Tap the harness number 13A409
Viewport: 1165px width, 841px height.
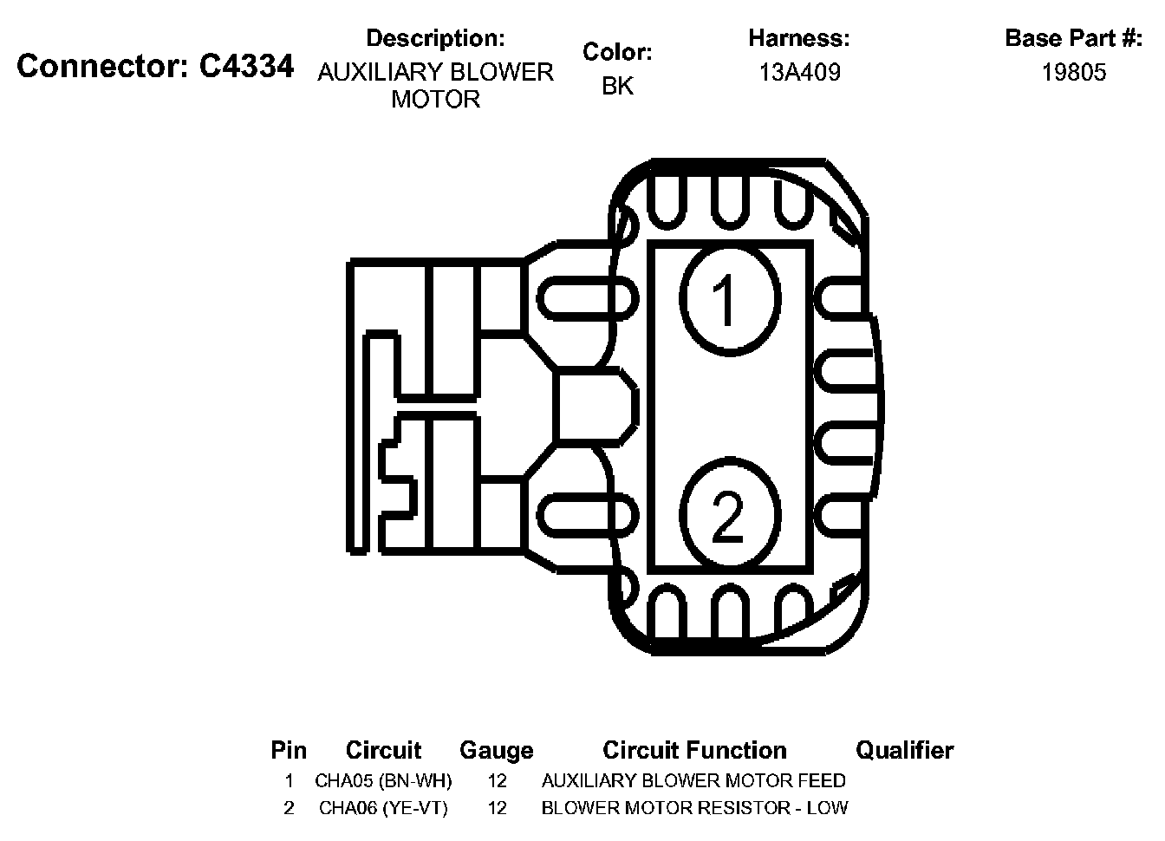pyautogui.click(x=799, y=72)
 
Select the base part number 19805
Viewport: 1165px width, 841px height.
pyautogui.click(x=1074, y=72)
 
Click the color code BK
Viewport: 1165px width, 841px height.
pyautogui.click(x=617, y=86)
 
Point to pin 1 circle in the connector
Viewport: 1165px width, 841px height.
pyautogui.click(x=729, y=300)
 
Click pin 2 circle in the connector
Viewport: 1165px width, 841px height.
pyautogui.click(x=729, y=514)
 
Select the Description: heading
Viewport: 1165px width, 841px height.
pyautogui.click(x=435, y=38)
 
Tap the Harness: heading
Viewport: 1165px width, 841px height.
pyautogui.click(x=799, y=38)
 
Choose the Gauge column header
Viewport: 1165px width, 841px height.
pyautogui.click(x=496, y=750)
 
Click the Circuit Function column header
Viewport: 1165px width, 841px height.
pyautogui.click(x=694, y=750)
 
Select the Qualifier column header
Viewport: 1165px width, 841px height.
pyautogui.click(x=904, y=750)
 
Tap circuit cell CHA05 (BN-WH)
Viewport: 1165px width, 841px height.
pyautogui.click(x=383, y=780)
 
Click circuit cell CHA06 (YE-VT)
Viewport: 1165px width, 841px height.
pyautogui.click(x=383, y=808)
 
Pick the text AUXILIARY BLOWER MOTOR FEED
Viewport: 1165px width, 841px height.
pyautogui.click(x=693, y=780)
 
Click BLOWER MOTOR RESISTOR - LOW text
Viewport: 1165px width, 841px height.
pyautogui.click(x=694, y=808)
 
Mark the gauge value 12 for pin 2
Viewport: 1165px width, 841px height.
pyautogui.click(x=497, y=808)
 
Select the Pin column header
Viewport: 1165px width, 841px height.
pyautogui.click(x=289, y=750)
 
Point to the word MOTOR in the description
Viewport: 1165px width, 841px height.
pyautogui.click(x=435, y=99)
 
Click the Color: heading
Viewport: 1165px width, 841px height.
pyautogui.click(x=617, y=52)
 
